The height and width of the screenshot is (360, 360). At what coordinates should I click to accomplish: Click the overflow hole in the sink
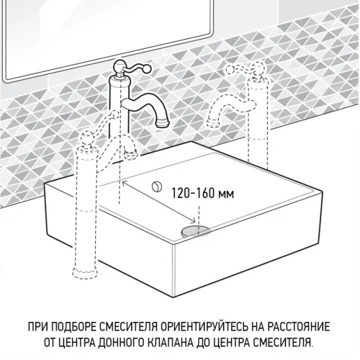155,186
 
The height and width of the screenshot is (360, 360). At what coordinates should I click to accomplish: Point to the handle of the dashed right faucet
248,68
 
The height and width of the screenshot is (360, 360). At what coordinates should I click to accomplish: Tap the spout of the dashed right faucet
212,119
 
